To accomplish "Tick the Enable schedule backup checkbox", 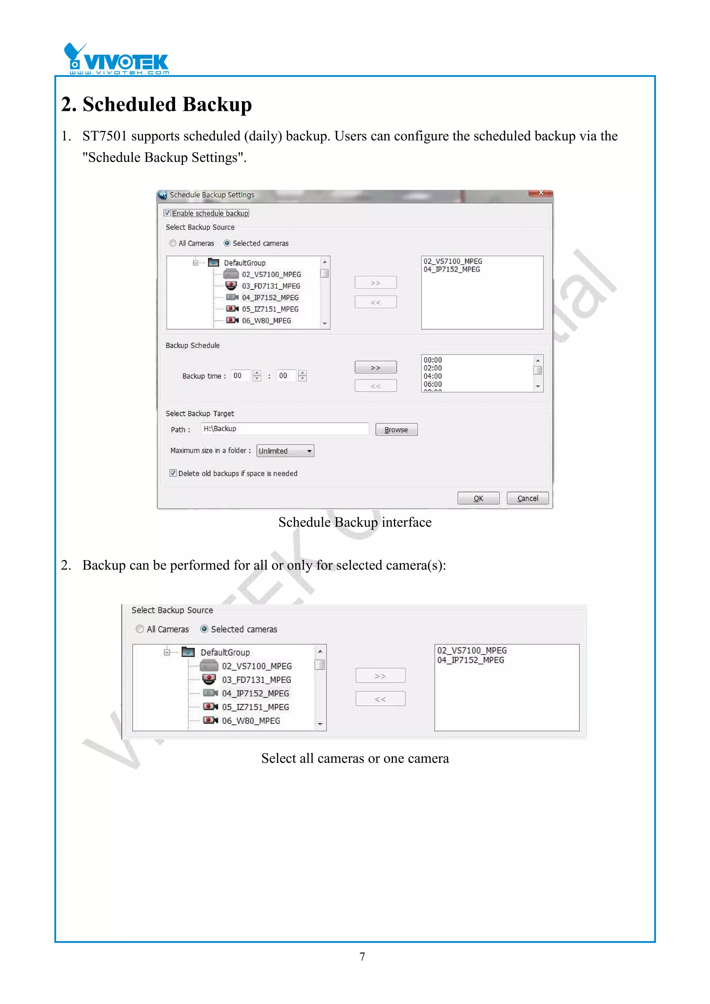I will click(167, 213).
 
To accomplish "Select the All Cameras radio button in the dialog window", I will click(173, 243).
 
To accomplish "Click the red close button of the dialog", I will click(541, 193).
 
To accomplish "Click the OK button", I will click(478, 498).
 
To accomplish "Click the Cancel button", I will click(527, 498).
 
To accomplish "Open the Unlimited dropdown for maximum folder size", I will click(285, 451).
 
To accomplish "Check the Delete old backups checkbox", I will click(173, 473).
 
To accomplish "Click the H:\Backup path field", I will click(284, 429).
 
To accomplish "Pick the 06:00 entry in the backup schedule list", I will click(433, 384).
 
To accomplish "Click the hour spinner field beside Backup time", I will click(240, 376).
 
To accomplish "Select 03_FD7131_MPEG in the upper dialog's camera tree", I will click(271, 286).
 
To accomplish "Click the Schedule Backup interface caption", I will click(355, 522).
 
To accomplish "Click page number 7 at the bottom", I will click(362, 956).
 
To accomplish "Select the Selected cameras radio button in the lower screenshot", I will click(204, 629).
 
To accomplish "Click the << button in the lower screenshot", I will click(380, 699).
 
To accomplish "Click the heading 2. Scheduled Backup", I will click(156, 104).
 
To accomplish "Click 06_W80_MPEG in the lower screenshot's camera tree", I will click(251, 721).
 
